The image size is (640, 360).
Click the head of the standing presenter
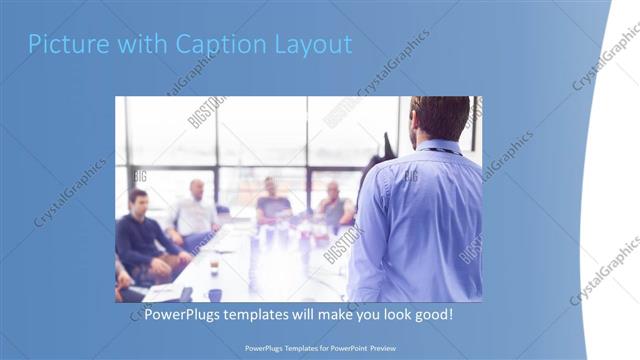(x=440, y=117)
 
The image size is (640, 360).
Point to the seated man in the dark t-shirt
(x=271, y=203)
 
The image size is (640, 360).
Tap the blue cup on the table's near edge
(x=215, y=294)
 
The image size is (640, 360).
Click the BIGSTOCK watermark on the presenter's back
(x=410, y=177)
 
